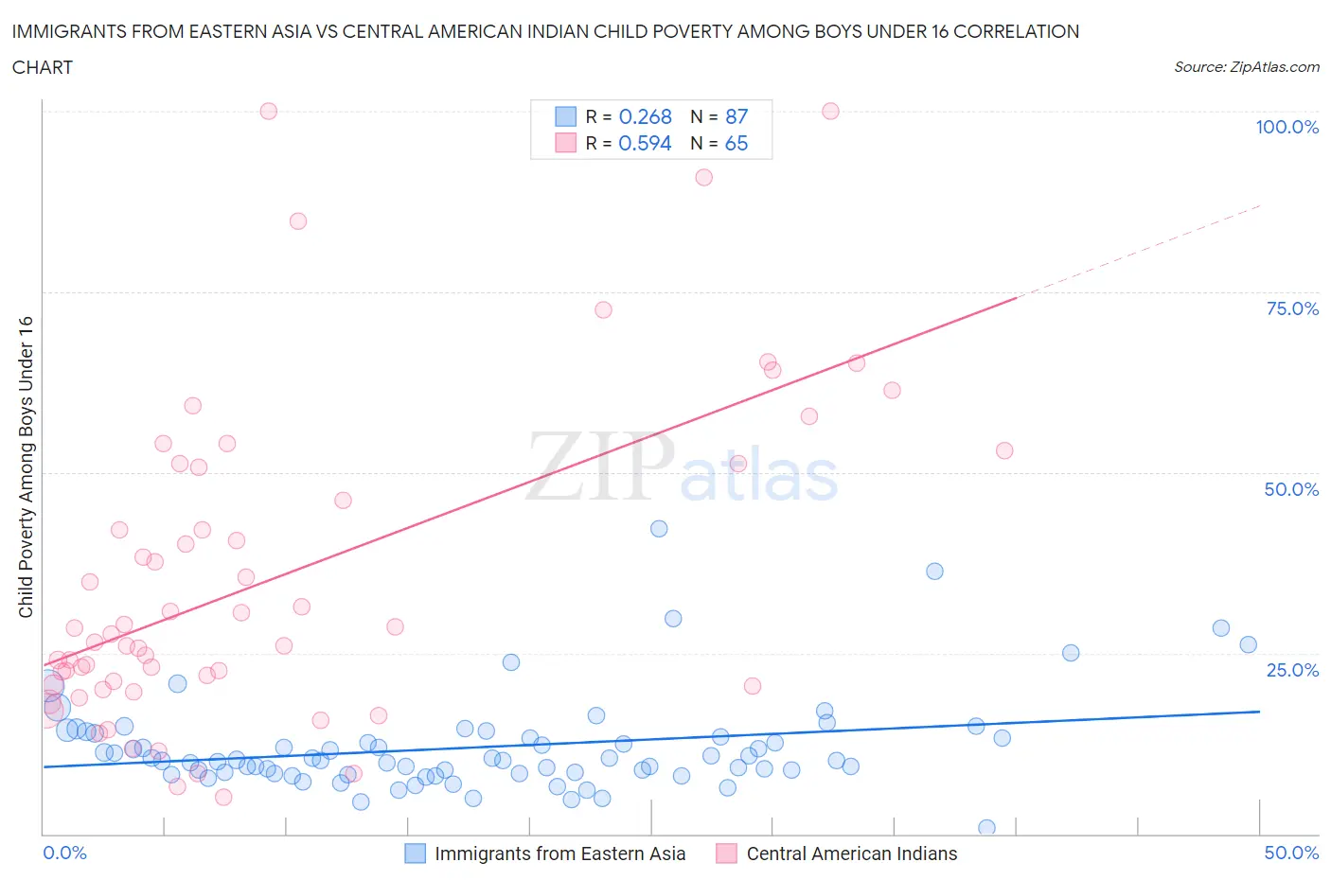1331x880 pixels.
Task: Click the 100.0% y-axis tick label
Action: tap(1287, 127)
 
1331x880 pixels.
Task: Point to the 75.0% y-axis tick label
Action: tap(1292, 308)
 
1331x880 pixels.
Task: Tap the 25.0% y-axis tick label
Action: tap(1292, 670)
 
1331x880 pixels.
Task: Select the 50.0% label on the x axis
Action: tap(1291, 853)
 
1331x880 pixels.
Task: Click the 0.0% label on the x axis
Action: tap(64, 853)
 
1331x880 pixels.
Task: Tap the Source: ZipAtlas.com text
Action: tap(1246, 66)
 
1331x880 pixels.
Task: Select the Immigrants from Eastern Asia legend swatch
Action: tap(415, 854)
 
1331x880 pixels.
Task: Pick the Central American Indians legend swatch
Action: tap(726, 854)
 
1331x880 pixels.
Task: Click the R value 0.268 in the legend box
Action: tap(645, 116)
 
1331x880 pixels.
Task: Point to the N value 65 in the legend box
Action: tap(736, 143)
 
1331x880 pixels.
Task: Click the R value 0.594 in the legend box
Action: tap(645, 143)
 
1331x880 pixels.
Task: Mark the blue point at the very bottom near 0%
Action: tap(986, 828)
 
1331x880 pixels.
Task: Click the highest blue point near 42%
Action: tap(659, 529)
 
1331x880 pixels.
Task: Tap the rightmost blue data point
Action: tap(1248, 644)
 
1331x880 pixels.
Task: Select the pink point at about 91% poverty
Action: tap(703, 177)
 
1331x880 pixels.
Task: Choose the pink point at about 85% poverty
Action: tap(298, 221)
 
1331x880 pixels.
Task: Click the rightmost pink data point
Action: tap(1004, 450)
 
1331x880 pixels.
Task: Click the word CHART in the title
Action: tap(43, 67)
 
